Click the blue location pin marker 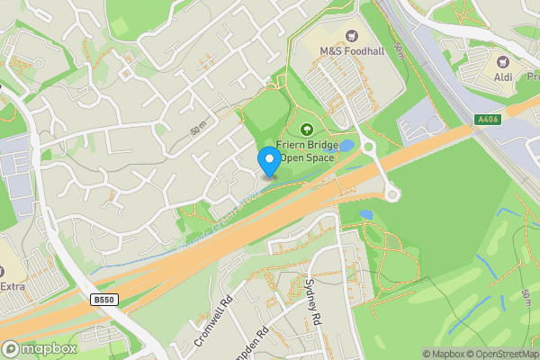coord(268,160)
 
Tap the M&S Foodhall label coord(352,51)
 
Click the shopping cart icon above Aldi coord(503,64)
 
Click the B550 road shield coord(104,297)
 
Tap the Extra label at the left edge coord(12,286)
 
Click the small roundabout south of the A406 coord(392,193)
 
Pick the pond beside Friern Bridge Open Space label coord(346,146)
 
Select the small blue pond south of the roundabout coord(365,215)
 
